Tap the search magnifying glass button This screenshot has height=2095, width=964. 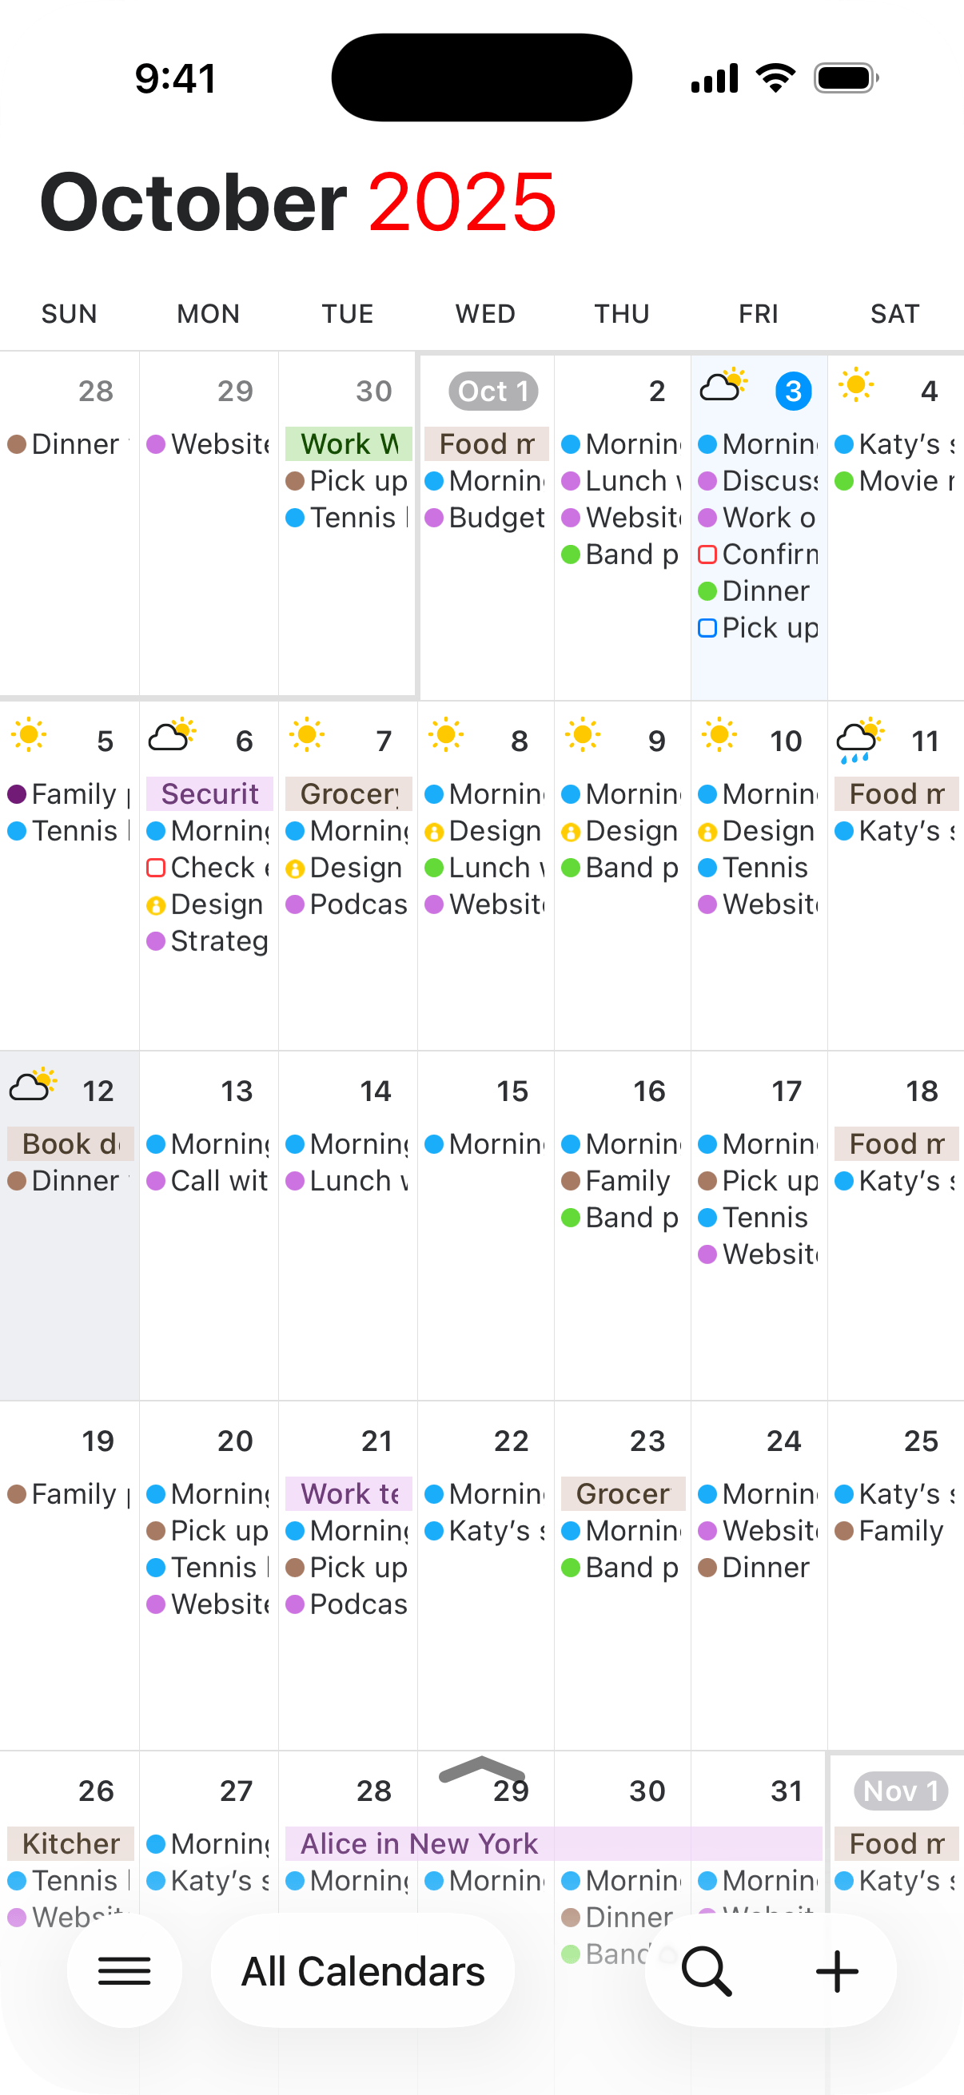[706, 1970]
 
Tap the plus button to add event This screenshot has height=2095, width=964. [836, 1970]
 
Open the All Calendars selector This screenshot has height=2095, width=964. [363, 1970]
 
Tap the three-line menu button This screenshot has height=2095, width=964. [125, 1970]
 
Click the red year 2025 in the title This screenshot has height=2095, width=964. [462, 201]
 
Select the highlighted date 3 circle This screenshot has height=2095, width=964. [793, 392]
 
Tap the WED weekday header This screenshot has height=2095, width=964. [485, 314]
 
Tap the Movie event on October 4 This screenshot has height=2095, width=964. [894, 482]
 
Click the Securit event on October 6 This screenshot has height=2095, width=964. [209, 793]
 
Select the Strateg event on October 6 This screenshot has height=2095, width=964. [209, 941]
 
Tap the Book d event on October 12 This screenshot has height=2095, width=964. [70, 1143]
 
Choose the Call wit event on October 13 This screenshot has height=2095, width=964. [209, 1181]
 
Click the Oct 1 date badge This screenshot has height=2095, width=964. [493, 392]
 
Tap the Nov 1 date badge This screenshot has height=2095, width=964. [901, 1791]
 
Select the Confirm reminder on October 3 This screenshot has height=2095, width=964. [759, 555]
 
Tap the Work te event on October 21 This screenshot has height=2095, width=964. [349, 1494]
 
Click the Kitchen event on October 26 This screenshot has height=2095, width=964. [70, 1843]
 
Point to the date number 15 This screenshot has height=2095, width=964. [512, 1091]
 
